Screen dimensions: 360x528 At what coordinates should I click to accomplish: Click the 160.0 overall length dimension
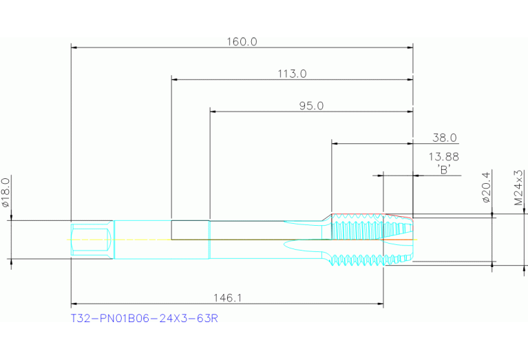pyautogui.click(x=242, y=41)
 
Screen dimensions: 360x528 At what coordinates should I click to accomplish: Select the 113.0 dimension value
pyautogui.click(x=291, y=74)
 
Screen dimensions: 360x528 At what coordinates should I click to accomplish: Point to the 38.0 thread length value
pyautogui.click(x=444, y=138)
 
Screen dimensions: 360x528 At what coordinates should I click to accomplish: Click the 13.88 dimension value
pyautogui.click(x=444, y=157)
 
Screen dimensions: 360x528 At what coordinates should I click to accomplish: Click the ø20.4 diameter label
pyautogui.click(x=486, y=187)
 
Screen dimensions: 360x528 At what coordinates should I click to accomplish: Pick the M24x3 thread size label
pyautogui.click(x=518, y=187)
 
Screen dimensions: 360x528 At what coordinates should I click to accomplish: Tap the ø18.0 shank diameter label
pyautogui.click(x=6, y=192)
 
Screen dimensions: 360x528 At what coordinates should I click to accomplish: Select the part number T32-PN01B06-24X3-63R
pyautogui.click(x=145, y=319)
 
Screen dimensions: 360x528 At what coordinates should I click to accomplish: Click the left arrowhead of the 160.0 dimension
pyautogui.click(x=74, y=47)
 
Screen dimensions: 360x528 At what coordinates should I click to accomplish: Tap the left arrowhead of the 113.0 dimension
pyautogui.click(x=174, y=80)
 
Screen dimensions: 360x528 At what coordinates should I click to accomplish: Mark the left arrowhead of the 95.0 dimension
pyautogui.click(x=213, y=112)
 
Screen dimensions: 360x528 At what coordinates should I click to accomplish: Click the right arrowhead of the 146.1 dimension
pyautogui.click(x=380, y=304)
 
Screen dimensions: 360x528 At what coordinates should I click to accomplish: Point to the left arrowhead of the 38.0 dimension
pyautogui.click(x=335, y=143)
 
